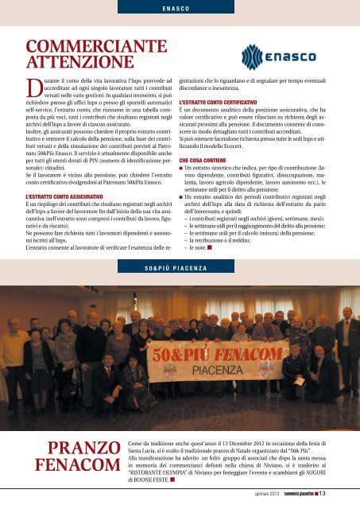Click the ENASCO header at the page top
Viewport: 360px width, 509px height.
[x=180, y=10]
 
